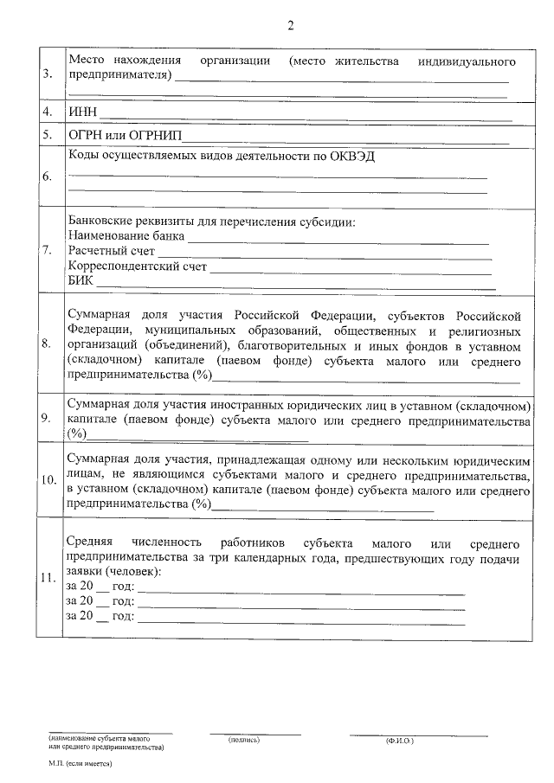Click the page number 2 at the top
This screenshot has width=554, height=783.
point(291,26)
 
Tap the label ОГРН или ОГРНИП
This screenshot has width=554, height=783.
point(123,137)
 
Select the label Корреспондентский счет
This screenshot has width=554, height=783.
point(137,266)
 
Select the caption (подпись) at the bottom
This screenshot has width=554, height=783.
point(243,741)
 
